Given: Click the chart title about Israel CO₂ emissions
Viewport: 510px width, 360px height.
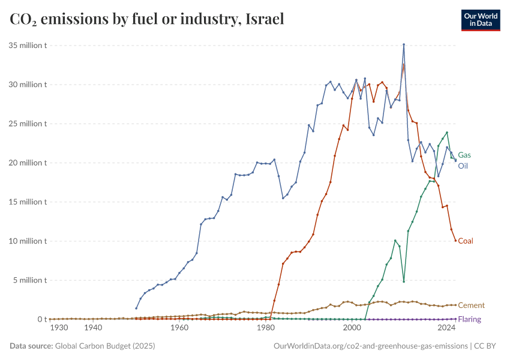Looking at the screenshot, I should pos(147,19).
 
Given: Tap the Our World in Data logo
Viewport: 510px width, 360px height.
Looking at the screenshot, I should pos(480,19).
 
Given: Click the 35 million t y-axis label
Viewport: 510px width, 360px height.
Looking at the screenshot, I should pos(28,46).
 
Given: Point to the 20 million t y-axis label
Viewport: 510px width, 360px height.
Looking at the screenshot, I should pos(28,163).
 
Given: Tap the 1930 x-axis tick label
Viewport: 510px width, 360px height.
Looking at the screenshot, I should pos(59,329).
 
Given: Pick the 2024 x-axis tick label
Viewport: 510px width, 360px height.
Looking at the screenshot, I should pos(446,329).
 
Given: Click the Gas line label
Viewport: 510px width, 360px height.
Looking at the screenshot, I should pos(464,155).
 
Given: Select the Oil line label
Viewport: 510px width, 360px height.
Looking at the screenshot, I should pos(463,166).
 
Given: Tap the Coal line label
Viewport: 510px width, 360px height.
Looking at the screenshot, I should pos(466,241).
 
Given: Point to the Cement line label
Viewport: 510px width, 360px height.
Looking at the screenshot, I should pos(471,305).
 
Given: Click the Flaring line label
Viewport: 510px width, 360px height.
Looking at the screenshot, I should pos(469,319).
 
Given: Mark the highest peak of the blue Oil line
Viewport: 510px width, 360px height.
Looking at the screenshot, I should pos(404,44).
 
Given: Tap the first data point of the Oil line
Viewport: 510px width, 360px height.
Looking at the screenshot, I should pos(136,308).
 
